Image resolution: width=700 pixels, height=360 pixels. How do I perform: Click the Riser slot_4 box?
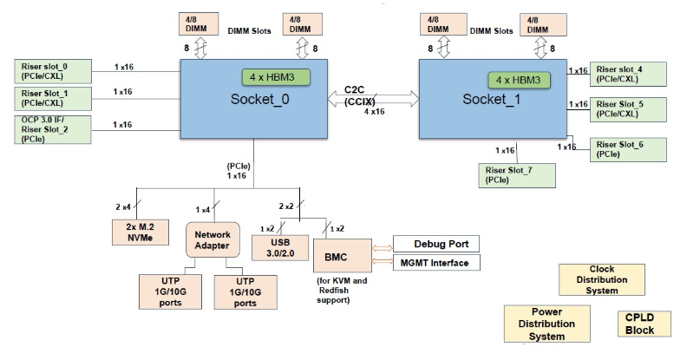628,74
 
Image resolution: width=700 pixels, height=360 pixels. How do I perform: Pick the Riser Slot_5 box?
628,108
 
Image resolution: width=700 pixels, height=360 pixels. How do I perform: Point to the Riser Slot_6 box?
628,148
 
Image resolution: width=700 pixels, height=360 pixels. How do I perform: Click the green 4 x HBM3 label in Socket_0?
275,76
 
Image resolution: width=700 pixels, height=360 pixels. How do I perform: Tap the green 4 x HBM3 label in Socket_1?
519,80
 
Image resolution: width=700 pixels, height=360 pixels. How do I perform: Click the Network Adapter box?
212,239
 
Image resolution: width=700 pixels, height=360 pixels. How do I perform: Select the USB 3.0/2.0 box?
278,247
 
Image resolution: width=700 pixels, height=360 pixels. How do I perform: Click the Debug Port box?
435,244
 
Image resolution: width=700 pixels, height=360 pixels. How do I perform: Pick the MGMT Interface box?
435,263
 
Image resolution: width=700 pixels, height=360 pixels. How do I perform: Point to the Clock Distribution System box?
601,280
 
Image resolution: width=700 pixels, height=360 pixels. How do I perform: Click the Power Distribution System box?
546,324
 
